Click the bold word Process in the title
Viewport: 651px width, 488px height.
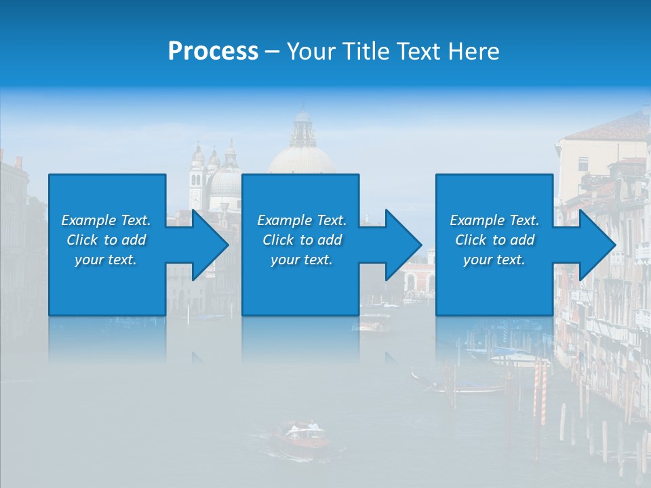[x=213, y=52]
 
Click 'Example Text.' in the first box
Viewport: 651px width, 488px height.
[x=106, y=220]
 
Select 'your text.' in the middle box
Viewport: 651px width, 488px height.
[x=301, y=260]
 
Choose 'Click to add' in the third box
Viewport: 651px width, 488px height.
[x=494, y=240]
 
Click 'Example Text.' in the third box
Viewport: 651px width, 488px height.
[x=494, y=220]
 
